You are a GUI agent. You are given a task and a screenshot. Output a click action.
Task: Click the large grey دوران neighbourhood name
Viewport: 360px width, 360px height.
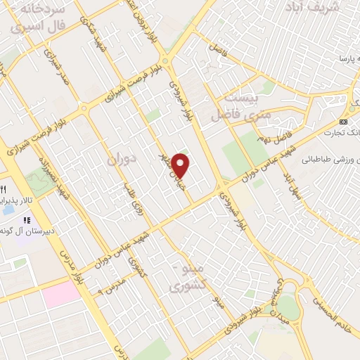coord(120,160)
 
